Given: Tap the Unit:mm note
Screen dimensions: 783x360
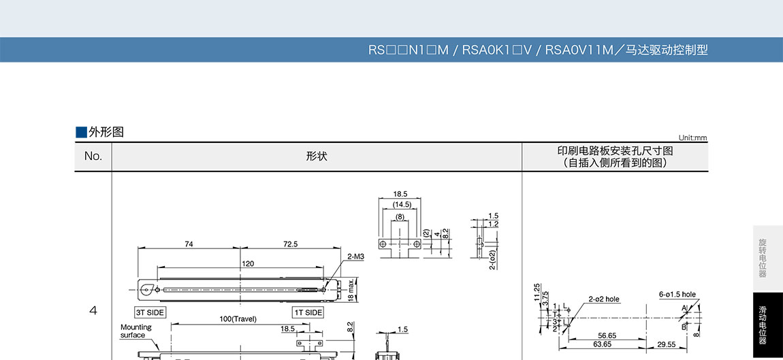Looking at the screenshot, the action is click(x=692, y=138).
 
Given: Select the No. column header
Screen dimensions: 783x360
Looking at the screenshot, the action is click(x=93, y=156).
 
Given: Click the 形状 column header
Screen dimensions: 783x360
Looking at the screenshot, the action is click(x=317, y=157).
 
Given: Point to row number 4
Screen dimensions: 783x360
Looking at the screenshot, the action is click(x=93, y=310).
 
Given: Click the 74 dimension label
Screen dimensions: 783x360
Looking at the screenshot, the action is click(x=189, y=244).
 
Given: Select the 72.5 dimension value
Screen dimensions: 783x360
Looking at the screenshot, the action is click(x=290, y=244).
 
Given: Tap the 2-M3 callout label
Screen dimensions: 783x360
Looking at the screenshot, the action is click(x=355, y=257).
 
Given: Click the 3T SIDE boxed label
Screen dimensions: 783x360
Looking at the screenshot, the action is click(x=150, y=312).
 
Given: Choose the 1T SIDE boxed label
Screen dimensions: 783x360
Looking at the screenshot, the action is click(x=308, y=312).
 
